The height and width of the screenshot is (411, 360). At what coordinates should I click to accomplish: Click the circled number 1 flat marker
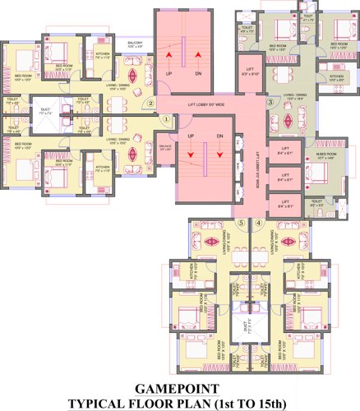click(165, 118)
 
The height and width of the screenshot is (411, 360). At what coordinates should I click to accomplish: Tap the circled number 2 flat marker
click(151, 104)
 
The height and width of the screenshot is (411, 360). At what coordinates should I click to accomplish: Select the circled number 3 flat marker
click(270, 103)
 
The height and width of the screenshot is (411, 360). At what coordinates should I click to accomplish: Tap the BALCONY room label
click(135, 44)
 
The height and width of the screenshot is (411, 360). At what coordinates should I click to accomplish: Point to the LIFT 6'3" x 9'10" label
click(252, 72)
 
